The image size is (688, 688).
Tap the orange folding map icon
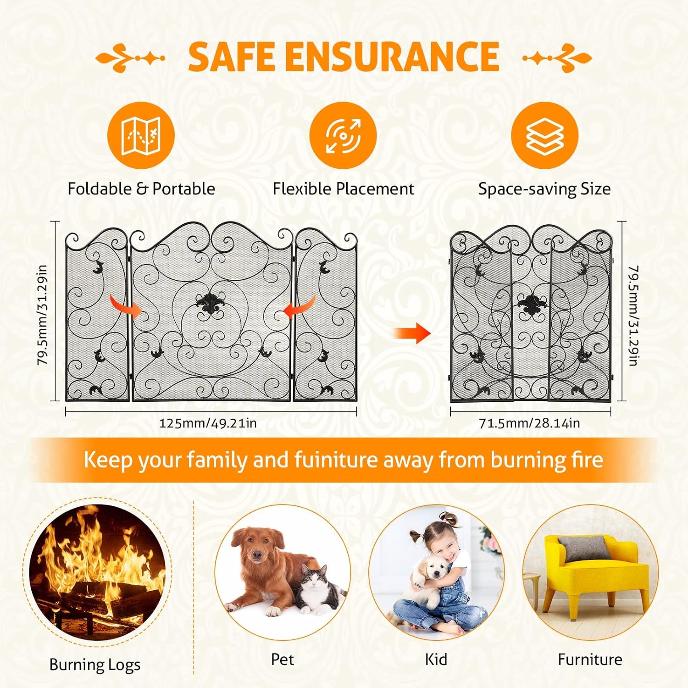[x=141, y=135]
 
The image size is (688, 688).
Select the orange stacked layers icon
[x=544, y=135]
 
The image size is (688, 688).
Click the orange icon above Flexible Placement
[x=343, y=135]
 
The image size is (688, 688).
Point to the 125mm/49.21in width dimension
[x=207, y=423]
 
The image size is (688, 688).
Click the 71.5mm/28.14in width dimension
[x=529, y=423]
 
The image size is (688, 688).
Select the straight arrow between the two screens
[x=412, y=333]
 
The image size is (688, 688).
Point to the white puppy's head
[x=433, y=569]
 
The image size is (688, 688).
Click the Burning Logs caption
[x=94, y=665]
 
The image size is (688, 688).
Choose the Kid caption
[x=436, y=659]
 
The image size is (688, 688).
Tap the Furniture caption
[x=590, y=659]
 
